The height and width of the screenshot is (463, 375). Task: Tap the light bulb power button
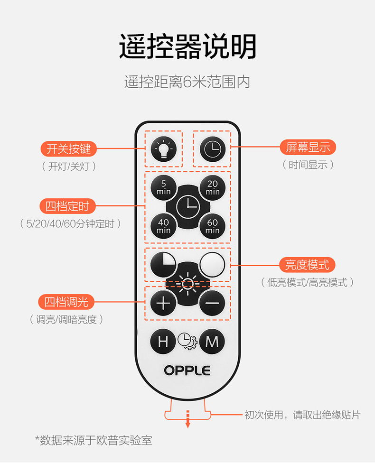(163, 149)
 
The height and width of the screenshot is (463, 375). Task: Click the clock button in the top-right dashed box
(212, 149)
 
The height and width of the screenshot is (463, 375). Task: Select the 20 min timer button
(212, 187)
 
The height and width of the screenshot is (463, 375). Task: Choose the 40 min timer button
(163, 226)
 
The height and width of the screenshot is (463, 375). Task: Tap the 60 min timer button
(212, 226)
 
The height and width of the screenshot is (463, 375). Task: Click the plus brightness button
(163, 303)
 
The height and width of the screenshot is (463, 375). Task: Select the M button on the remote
(212, 341)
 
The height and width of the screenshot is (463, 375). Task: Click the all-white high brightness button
(212, 265)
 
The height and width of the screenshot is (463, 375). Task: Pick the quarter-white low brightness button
(163, 265)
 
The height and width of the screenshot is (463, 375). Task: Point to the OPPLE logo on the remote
(187, 370)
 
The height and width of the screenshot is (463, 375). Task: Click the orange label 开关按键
(68, 149)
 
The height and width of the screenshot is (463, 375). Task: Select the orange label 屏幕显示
(308, 147)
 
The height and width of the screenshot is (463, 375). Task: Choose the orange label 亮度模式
(307, 264)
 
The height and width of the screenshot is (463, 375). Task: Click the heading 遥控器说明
(187, 46)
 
